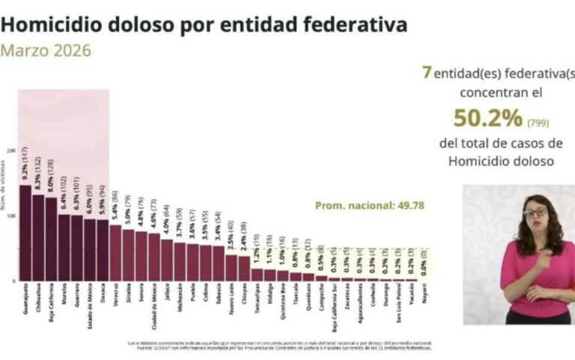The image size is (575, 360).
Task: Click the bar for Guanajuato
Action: coord(25,233)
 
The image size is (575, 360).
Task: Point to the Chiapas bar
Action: coord(244,268)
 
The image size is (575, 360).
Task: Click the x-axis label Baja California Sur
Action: coord(334,306)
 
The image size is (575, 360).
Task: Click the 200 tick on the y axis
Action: coord(10,150)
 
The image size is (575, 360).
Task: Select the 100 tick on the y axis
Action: coord(10,216)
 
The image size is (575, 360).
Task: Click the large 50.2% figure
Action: coord(488,118)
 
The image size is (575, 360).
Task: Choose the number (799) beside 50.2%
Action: coord(539,122)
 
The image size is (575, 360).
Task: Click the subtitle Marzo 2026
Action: coord(46,51)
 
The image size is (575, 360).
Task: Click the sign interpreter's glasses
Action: coord(535,213)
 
